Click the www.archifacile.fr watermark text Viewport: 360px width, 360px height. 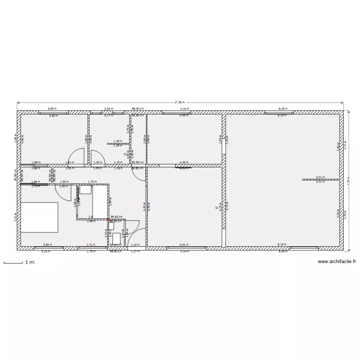(x=337, y=262)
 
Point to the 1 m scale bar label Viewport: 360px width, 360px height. (x=29, y=263)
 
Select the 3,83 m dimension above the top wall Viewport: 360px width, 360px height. (x=50, y=109)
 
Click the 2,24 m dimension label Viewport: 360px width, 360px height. (x=108, y=109)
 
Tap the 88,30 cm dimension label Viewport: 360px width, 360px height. (x=138, y=109)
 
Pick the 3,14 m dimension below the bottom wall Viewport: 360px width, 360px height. (x=46, y=252)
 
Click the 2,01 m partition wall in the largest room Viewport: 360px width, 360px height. (x=320, y=180)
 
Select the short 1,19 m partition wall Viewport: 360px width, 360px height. (x=118, y=143)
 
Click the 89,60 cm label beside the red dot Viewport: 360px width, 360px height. (x=117, y=217)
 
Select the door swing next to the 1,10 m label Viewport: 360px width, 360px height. (x=134, y=233)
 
